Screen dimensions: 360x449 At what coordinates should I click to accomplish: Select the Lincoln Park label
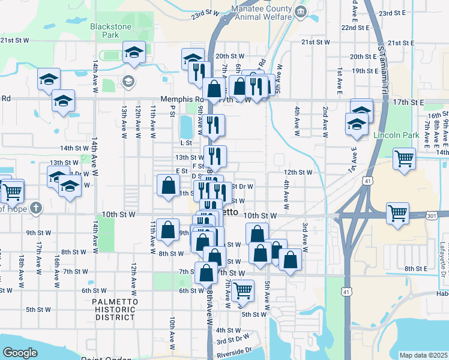(396, 135)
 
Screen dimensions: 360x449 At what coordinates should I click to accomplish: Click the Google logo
(20, 353)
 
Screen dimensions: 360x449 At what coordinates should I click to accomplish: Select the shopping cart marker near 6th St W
(243, 290)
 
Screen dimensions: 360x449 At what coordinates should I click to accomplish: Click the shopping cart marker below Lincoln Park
(405, 159)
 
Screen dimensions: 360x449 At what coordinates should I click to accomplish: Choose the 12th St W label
(298, 172)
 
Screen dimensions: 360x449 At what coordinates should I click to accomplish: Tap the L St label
(185, 143)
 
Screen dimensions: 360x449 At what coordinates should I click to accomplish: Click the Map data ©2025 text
(423, 355)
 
